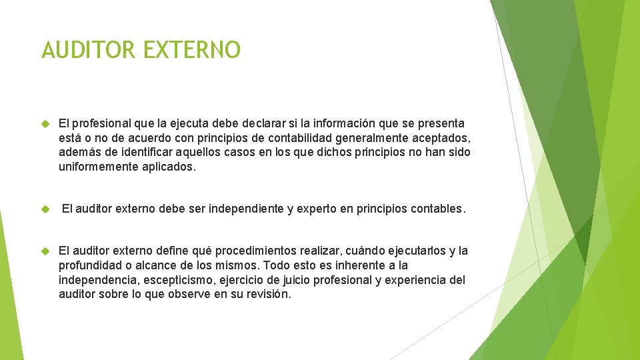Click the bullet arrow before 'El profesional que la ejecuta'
pyautogui.click(x=46, y=124)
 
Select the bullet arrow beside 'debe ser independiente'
pyautogui.click(x=46, y=209)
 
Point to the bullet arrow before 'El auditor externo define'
pyautogui.click(x=46, y=251)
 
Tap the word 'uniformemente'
pyautogui.click(x=99, y=167)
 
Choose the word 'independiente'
pyautogui.click(x=248, y=209)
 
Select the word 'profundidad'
pyautogui.click(x=89, y=265)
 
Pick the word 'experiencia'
pyautogui.click(x=413, y=279)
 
